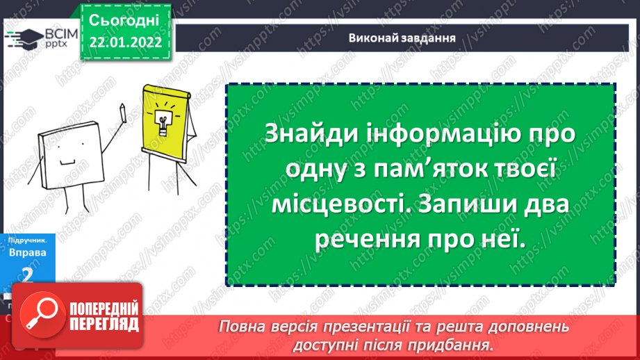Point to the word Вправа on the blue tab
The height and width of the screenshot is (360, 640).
[27, 252]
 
